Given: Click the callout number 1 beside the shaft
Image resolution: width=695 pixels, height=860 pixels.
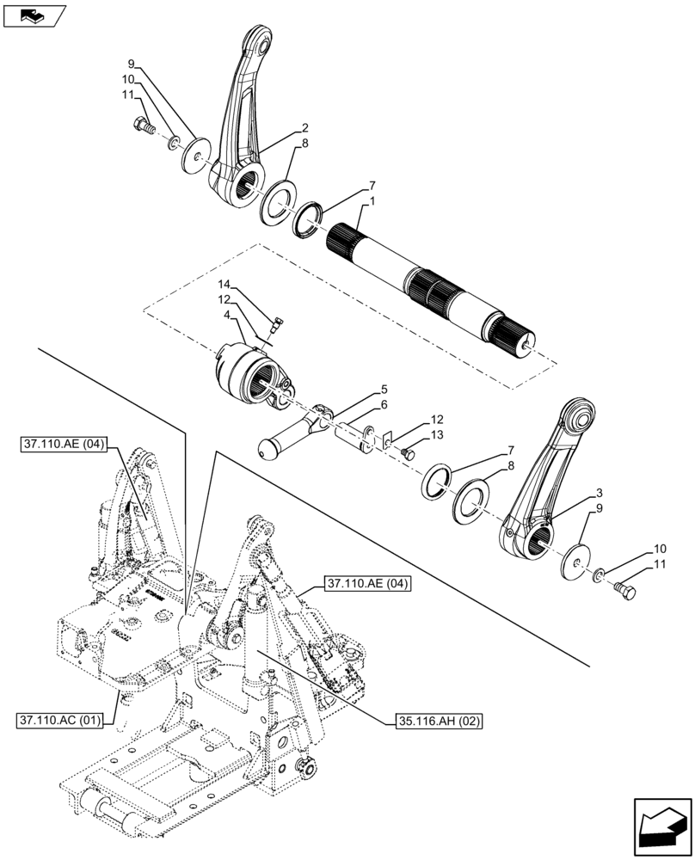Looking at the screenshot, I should click(372, 201).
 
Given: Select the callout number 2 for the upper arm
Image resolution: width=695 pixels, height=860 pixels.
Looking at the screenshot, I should click(304, 128).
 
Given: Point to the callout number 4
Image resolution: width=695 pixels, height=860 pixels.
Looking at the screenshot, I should click(227, 316).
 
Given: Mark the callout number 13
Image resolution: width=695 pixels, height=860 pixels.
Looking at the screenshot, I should click(439, 436).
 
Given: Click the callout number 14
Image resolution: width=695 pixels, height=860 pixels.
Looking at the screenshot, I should click(224, 284).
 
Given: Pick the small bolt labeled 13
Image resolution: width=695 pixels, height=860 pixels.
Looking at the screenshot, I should click(408, 453).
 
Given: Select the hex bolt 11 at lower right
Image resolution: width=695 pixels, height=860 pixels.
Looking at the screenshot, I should click(625, 589).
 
